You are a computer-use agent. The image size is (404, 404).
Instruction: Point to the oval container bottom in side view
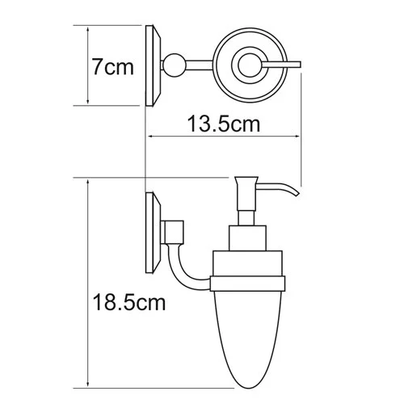(x=250, y=339)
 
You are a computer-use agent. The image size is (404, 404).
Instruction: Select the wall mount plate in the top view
(x=152, y=65)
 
